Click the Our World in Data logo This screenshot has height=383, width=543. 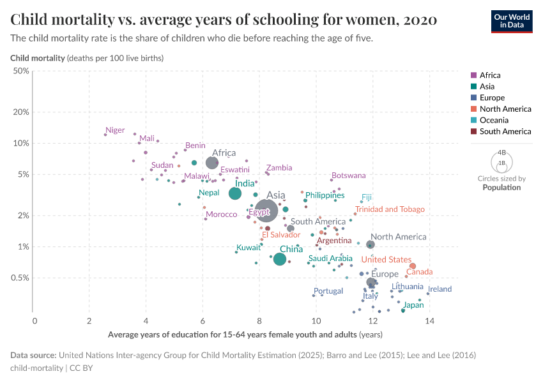click(x=512, y=21)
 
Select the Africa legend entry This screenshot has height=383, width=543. click(x=490, y=75)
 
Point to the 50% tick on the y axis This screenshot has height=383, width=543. click(x=21, y=71)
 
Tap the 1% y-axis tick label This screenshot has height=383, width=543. click(x=23, y=246)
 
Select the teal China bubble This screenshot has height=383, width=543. click(x=279, y=259)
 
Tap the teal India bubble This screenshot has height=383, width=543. click(x=235, y=193)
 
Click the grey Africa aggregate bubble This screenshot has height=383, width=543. click(x=212, y=163)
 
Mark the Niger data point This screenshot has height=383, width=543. click(x=105, y=134)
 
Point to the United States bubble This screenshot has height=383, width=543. click(x=413, y=266)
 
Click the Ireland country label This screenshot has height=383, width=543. click(x=440, y=289)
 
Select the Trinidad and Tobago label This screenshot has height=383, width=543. click(x=390, y=209)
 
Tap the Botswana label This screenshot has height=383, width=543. click(x=349, y=176)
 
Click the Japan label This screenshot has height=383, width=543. click(x=413, y=305)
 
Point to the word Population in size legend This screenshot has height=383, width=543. click(x=501, y=188)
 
